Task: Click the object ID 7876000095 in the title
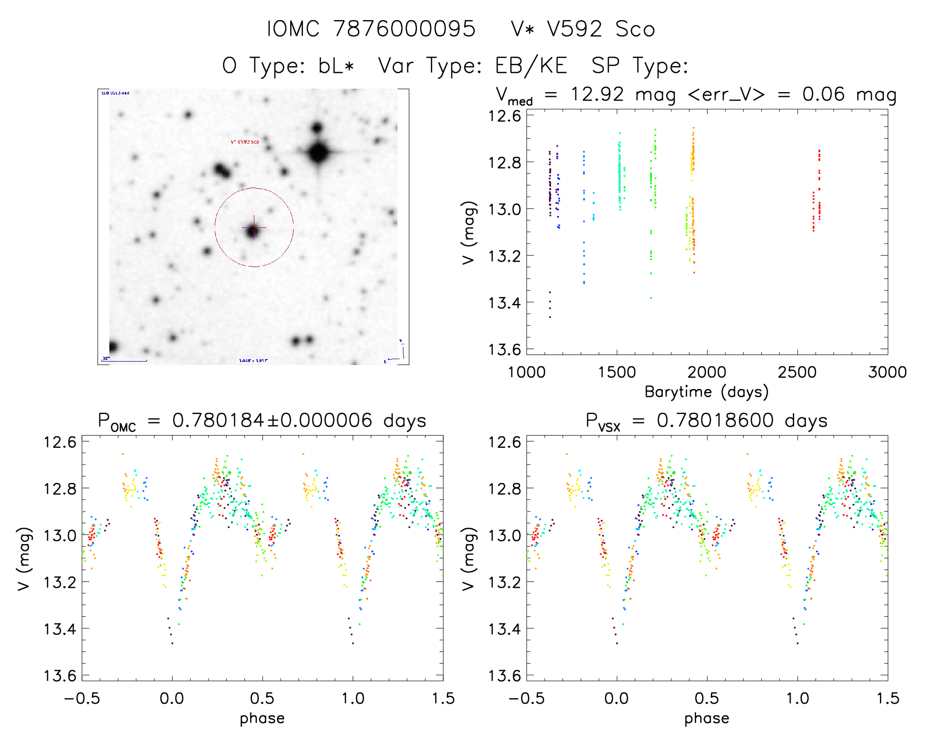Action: click(404, 29)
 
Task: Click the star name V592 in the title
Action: click(574, 29)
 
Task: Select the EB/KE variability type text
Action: click(531, 66)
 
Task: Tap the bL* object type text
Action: click(336, 66)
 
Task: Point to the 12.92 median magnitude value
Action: click(597, 94)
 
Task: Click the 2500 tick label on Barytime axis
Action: click(797, 372)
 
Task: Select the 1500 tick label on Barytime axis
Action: click(617, 372)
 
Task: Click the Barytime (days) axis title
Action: click(706, 392)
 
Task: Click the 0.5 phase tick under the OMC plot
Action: click(262, 698)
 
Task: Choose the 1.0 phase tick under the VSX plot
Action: click(798, 698)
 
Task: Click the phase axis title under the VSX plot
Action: click(706, 718)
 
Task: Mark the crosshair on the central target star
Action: click(254, 228)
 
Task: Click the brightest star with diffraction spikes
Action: click(319, 153)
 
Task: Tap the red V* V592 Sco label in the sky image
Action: click(245, 142)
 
